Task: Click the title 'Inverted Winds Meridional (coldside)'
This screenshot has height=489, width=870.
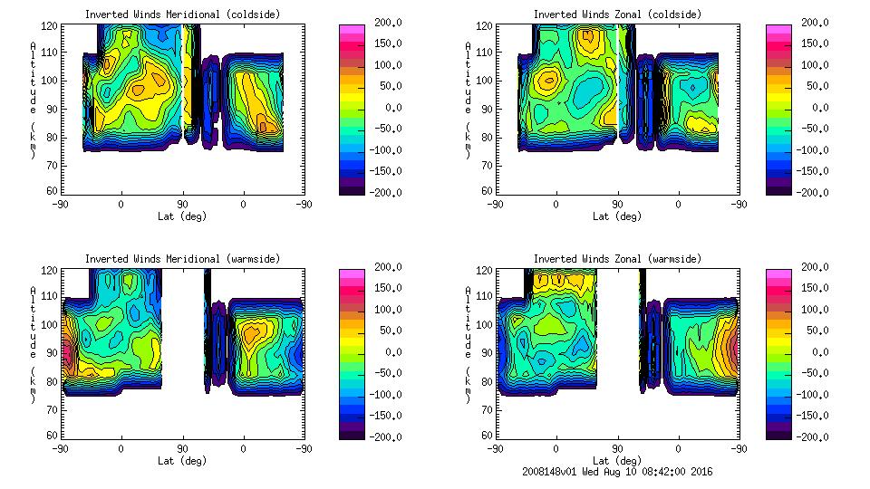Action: (x=182, y=14)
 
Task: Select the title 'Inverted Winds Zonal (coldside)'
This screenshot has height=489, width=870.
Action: (x=617, y=14)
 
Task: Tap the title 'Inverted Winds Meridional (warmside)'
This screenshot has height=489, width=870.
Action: (x=182, y=259)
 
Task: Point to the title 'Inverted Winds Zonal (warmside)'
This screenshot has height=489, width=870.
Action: (x=617, y=259)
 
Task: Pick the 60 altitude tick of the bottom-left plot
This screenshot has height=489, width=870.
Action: (x=52, y=436)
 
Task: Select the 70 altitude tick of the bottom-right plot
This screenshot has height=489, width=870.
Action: (x=487, y=408)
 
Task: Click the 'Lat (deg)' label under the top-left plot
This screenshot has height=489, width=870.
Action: (x=182, y=216)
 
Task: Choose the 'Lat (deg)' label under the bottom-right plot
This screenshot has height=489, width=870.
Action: (x=617, y=461)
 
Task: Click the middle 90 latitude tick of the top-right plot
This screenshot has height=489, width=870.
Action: (x=617, y=205)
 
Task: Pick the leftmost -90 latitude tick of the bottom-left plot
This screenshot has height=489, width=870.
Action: (x=60, y=449)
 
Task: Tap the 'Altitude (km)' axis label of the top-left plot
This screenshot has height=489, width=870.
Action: (x=34, y=100)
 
